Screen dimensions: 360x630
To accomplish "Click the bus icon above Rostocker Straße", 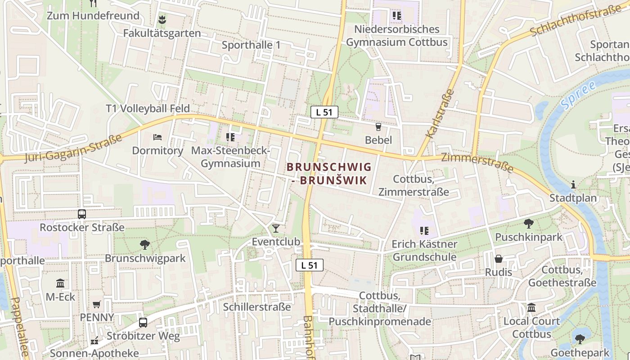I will (x=82, y=214).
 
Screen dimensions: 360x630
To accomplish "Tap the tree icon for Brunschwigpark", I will (x=145, y=245).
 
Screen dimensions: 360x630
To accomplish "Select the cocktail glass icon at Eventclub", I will (x=276, y=229).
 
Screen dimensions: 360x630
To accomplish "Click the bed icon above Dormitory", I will (x=157, y=137).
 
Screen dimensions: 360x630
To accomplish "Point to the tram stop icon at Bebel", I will (x=378, y=127).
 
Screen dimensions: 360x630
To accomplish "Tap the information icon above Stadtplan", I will (x=573, y=184).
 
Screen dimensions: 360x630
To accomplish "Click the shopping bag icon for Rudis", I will (x=499, y=259).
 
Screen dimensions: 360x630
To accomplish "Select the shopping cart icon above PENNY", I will (x=96, y=304).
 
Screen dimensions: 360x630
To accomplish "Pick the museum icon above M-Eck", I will (x=60, y=283).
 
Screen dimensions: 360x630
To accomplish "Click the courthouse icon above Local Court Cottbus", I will (x=531, y=308).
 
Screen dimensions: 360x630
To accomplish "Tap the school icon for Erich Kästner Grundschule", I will (x=424, y=231).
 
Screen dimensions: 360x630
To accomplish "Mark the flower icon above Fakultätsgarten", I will (x=162, y=20).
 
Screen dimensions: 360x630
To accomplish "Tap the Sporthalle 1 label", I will (x=251, y=45).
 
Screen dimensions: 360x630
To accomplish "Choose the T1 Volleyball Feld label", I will (x=148, y=108).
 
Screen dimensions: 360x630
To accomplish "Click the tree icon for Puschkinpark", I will (x=529, y=223).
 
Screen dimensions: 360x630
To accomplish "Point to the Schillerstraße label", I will (x=257, y=307).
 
